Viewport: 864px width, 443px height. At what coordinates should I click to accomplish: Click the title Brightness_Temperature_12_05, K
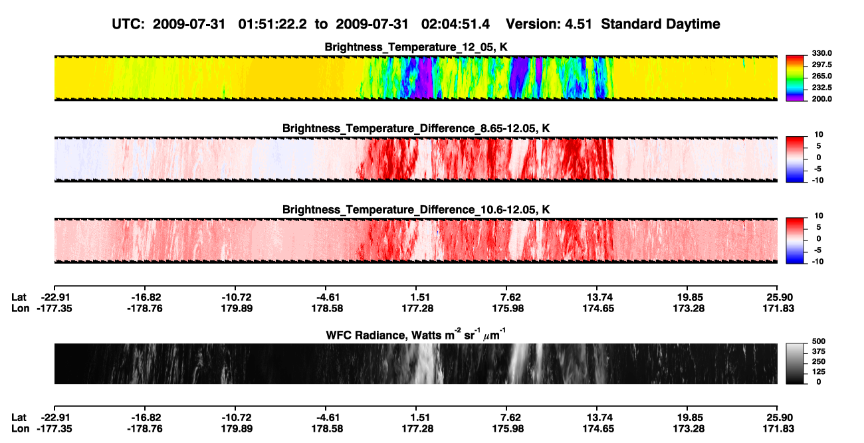click(x=416, y=47)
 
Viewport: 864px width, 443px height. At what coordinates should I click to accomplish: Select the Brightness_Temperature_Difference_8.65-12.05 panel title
click(x=416, y=128)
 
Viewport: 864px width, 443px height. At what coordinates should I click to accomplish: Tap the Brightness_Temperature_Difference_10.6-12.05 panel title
click(x=416, y=210)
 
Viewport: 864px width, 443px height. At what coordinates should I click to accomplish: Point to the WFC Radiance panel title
click(x=416, y=334)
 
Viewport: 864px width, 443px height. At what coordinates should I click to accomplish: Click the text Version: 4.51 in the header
click(x=548, y=24)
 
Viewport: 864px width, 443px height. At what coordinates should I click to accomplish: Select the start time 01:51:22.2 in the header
click(x=272, y=24)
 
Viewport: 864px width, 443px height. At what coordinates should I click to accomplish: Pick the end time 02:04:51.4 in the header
click(x=455, y=24)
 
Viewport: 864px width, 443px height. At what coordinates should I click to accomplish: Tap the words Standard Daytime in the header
click(x=661, y=25)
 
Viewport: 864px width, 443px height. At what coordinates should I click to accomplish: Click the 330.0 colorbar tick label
click(x=821, y=53)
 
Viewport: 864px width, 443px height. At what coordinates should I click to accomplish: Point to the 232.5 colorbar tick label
click(x=821, y=88)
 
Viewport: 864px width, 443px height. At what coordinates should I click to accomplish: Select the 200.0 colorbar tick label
click(x=821, y=99)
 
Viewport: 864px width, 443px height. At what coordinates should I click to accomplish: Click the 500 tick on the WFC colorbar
click(x=819, y=341)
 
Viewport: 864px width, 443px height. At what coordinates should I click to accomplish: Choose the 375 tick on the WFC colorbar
click(x=819, y=351)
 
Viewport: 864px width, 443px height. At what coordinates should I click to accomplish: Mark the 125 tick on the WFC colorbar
click(x=819, y=372)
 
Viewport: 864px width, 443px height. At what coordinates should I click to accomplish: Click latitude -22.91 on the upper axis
click(x=54, y=298)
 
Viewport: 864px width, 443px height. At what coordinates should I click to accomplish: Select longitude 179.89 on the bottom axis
click(x=237, y=429)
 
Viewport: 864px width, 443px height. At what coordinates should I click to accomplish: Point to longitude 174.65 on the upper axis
click(x=598, y=308)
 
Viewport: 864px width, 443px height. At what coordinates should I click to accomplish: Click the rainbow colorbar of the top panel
click(x=795, y=78)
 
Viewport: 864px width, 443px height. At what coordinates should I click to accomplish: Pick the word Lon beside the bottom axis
click(x=21, y=429)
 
